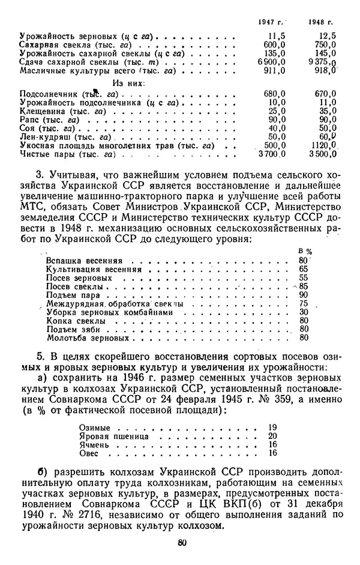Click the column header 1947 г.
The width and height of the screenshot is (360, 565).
pos(271,22)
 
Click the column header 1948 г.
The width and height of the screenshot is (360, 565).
pos(322,22)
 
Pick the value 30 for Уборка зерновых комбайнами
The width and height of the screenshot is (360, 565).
pos(303,312)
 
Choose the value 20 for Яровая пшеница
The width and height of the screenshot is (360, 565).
pos(273,436)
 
